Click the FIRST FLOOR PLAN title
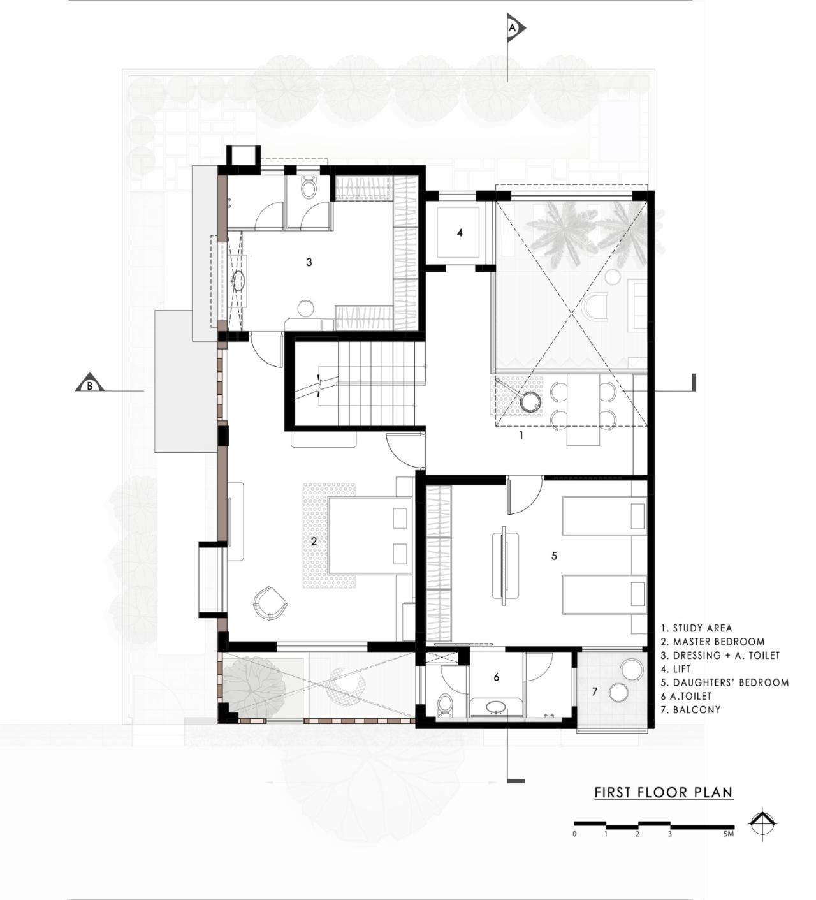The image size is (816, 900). coord(664,793)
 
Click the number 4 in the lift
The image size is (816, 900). coord(460,233)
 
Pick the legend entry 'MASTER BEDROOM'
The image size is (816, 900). coord(713,642)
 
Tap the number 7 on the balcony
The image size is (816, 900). coord(595,691)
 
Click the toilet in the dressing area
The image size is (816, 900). coord(309,188)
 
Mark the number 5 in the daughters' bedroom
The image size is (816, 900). coord(554,556)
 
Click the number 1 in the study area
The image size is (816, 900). coord(521,436)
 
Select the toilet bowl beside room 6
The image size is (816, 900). coord(445,705)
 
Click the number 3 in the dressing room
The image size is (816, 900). coord(309,262)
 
